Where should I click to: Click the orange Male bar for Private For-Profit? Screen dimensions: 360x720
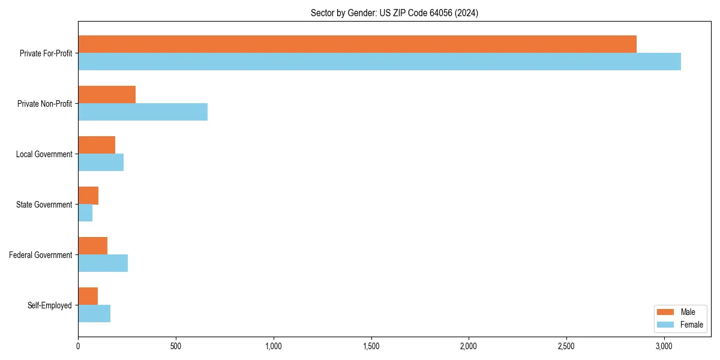357,44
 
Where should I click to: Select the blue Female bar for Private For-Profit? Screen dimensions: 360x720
379,62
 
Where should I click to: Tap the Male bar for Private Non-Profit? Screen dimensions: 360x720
107,95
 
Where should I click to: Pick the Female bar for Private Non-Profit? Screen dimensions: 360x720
143,112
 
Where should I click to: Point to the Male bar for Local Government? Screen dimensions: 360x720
97,145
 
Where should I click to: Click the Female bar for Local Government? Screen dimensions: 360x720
101,163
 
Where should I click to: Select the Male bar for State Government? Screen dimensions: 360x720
88,196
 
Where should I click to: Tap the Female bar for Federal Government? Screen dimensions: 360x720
103,263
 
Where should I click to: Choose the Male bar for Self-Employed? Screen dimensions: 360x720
88,296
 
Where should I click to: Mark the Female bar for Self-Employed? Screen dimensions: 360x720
94,314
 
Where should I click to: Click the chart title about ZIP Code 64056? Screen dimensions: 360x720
394,13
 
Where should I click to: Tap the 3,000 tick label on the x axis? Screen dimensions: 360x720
664,346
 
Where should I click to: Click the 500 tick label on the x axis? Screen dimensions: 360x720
176,346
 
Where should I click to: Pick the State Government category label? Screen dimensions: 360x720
44,205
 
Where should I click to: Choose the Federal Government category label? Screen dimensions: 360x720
41,255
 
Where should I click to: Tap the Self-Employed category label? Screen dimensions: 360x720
50,305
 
